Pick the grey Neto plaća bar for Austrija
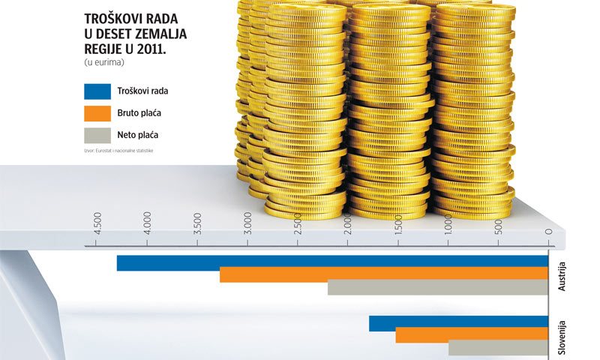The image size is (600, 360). [438, 287]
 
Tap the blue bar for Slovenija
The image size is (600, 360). [458, 323]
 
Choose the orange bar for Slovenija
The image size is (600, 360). [472, 335]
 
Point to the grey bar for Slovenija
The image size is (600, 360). [498, 348]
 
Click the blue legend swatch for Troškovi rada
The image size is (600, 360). [99, 91]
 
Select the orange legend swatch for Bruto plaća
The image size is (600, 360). [99, 113]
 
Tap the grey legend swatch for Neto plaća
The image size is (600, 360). [99, 136]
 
